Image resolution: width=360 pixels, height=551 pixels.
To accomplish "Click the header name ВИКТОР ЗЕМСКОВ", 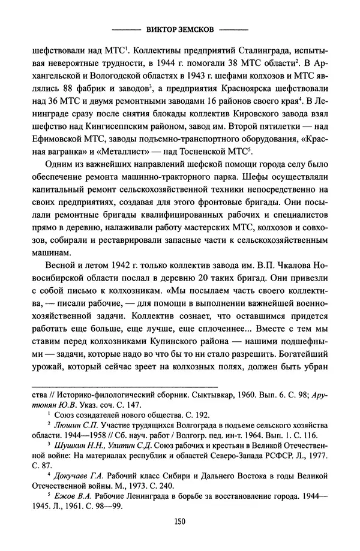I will coord(179,29).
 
